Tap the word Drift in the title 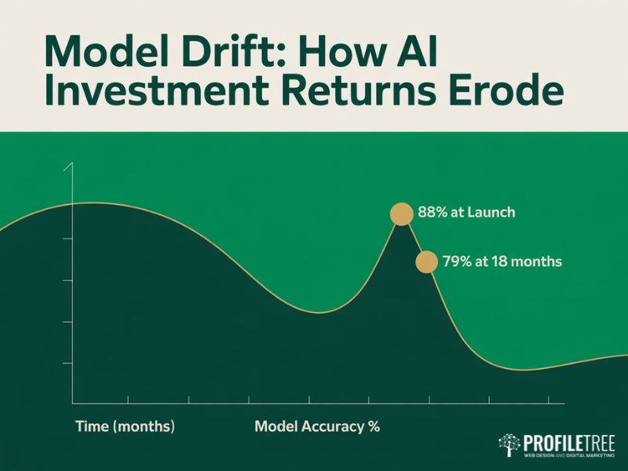point(210,53)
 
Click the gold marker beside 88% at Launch point(401,214)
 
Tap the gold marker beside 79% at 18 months point(425,262)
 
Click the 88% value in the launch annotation point(433,214)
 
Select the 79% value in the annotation point(457,262)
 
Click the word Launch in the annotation point(491,214)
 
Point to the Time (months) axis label point(125,427)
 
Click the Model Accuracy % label point(317,427)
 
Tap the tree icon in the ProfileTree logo point(509,445)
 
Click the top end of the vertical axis point(72,164)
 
